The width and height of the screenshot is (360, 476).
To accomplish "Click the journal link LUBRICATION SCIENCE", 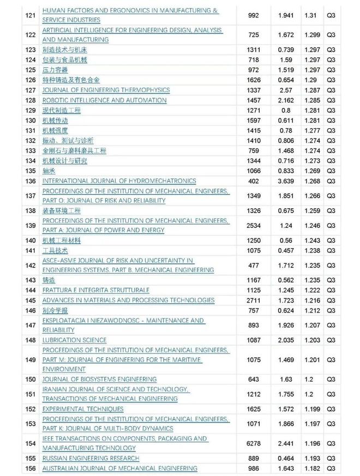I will click(x=74, y=340).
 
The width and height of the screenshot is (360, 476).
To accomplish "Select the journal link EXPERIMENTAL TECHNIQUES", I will click(x=83, y=409).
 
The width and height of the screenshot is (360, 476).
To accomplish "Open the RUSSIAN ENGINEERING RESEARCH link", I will click(x=91, y=458).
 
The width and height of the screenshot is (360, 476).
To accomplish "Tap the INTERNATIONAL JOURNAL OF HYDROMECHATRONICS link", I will click(x=119, y=181).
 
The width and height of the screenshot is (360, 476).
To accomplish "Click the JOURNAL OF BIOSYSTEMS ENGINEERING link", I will click(x=99, y=379).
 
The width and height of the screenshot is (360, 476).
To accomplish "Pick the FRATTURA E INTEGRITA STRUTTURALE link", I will click(x=95, y=290).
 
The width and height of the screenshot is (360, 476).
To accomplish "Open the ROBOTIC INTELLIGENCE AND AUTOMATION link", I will click(x=104, y=100).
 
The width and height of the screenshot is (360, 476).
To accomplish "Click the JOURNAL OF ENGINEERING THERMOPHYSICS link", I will click(x=106, y=90).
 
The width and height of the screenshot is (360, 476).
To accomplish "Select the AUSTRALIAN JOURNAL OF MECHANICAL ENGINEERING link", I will click(x=119, y=468).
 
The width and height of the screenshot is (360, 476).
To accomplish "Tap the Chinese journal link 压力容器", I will click(x=55, y=70).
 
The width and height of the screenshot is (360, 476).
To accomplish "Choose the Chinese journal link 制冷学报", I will click(x=55, y=310).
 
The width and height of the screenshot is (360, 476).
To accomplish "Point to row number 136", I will click(x=31, y=181).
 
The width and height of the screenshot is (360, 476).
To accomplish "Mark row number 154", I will click(x=31, y=443).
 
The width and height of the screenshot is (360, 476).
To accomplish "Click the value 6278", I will click(x=252, y=443).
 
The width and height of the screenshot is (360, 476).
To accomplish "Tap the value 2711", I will click(x=252, y=300).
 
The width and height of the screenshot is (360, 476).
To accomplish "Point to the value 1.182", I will click(x=311, y=468).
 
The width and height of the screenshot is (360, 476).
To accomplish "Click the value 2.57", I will click(x=286, y=90).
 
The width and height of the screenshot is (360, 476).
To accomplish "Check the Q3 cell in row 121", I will click(x=330, y=15).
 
